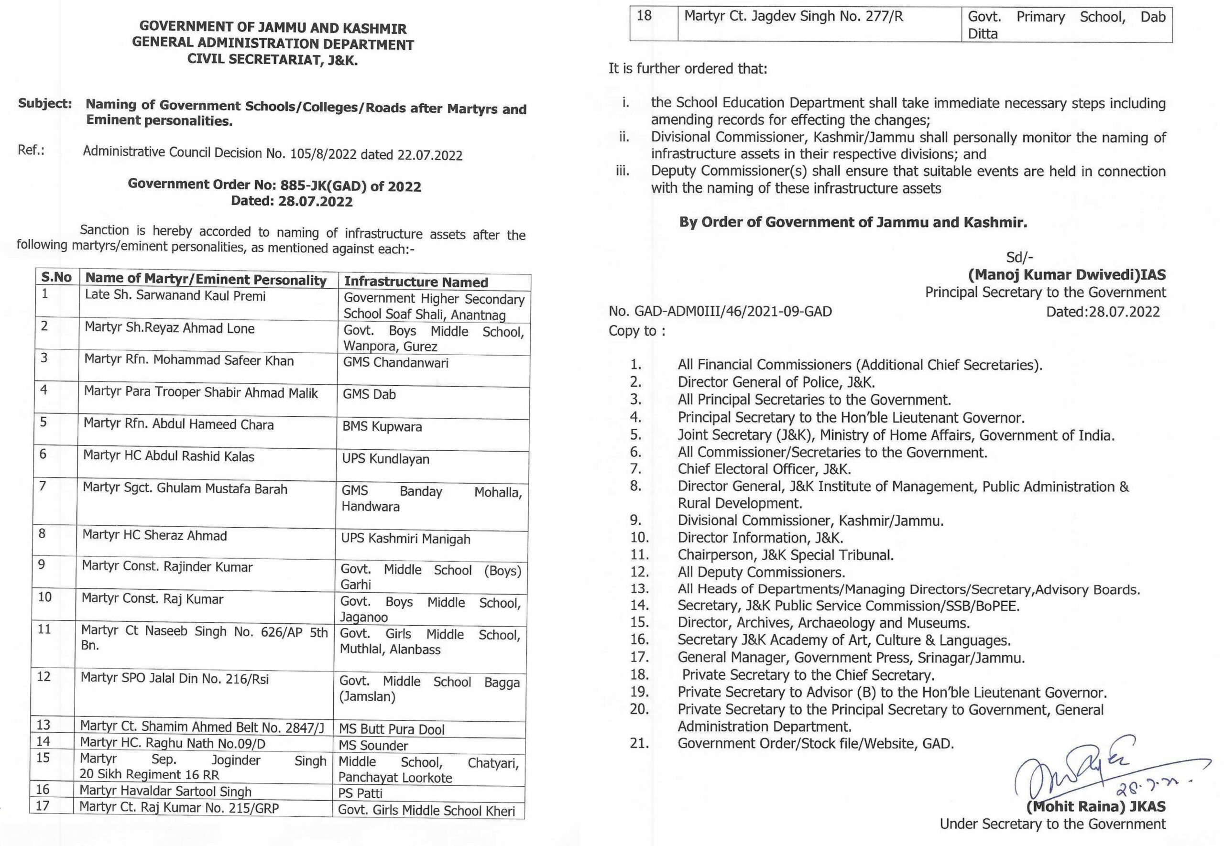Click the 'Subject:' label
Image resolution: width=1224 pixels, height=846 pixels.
point(45,103)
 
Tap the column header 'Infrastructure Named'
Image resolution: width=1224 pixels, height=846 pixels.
point(415,282)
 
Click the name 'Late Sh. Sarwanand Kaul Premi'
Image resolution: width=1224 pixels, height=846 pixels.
point(175,296)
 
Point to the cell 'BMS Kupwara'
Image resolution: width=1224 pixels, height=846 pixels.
point(382,427)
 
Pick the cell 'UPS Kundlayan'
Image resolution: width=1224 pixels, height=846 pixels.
point(385,459)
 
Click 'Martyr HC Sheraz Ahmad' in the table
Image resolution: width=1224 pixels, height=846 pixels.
point(154,535)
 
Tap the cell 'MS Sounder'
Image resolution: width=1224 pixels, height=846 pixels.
point(373,746)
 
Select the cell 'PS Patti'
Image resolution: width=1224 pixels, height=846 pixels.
point(360,793)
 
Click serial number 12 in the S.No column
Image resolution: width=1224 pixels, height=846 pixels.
point(44,677)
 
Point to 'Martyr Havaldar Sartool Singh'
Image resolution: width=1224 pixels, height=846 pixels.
point(165,792)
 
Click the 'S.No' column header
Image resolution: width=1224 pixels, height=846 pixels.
point(57,277)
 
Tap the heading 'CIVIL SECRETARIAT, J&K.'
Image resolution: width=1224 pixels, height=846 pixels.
point(273,60)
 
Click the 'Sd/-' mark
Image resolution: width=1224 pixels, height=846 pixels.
point(1019,257)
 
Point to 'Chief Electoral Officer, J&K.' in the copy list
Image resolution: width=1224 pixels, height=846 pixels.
point(764,469)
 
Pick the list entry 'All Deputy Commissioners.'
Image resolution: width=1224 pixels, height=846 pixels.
point(761,572)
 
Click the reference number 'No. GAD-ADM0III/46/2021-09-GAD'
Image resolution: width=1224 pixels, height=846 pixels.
point(720,311)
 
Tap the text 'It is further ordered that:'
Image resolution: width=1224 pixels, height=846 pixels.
point(688,69)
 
